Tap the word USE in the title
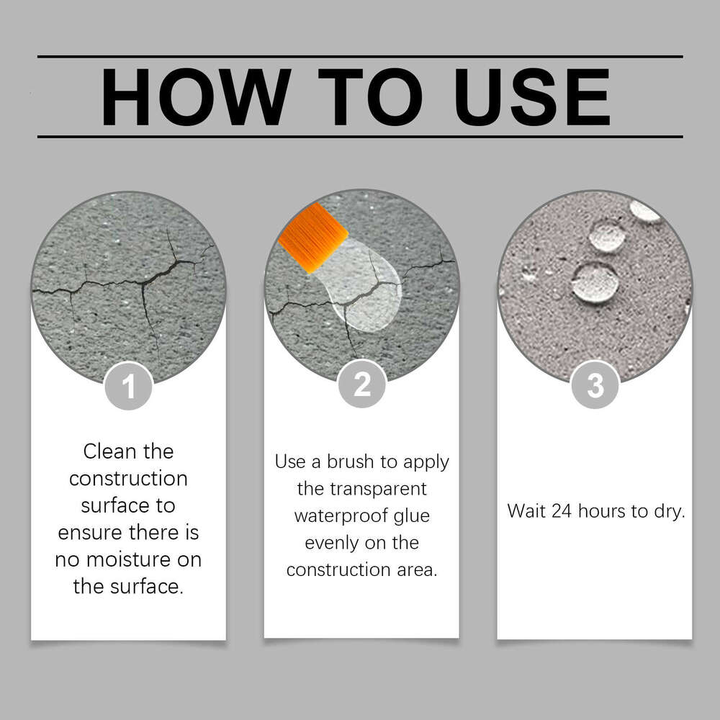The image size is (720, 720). click(x=532, y=97)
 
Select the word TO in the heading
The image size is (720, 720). click(x=370, y=97)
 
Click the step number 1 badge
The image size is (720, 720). click(x=129, y=386)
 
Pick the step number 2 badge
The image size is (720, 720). click(x=362, y=384)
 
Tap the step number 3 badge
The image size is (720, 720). click(x=595, y=384)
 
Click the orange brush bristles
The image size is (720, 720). click(x=313, y=238)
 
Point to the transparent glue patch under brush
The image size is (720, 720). click(x=363, y=287)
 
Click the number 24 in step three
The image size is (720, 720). click(x=562, y=511)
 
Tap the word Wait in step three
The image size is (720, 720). click(x=526, y=511)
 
